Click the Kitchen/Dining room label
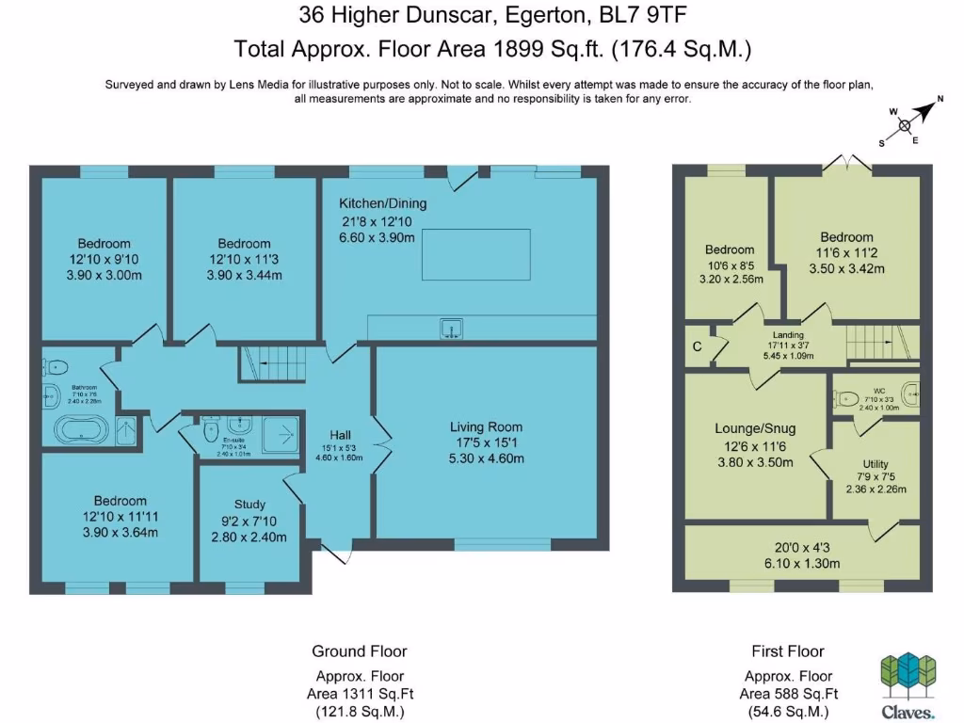pyautogui.click(x=382, y=203)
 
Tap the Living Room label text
pyautogui.click(x=485, y=426)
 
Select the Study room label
pyautogui.click(x=249, y=504)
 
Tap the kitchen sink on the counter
pyautogui.click(x=451, y=328)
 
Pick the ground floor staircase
pyautogui.click(x=272, y=362)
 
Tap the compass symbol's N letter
pyautogui.click(x=939, y=99)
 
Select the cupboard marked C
pyautogui.click(x=698, y=345)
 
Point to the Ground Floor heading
pyautogui.click(x=359, y=651)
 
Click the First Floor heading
pyautogui.click(x=787, y=651)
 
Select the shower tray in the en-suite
pyautogui.click(x=281, y=431)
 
